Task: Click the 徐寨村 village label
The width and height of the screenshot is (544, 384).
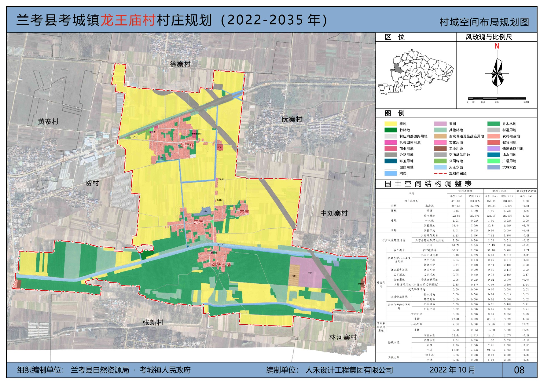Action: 180,64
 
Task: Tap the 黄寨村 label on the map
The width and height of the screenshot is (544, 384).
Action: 48,121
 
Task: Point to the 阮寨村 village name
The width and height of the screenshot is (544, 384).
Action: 292,120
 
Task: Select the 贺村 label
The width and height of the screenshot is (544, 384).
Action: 92,183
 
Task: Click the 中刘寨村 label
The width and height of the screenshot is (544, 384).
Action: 334,213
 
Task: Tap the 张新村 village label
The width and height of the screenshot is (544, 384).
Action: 153,323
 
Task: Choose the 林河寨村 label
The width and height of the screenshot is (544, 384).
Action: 343,338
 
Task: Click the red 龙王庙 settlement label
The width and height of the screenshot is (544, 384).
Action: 187,145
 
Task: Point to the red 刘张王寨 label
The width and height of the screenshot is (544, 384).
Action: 221,264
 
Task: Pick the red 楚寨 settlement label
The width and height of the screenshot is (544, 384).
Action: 198,222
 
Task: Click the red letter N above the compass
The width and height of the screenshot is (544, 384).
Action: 497,46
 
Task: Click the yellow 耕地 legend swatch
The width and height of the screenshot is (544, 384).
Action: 390,124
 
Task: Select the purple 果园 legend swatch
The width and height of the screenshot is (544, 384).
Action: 440,124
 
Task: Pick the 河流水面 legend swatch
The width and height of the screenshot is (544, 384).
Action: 440,167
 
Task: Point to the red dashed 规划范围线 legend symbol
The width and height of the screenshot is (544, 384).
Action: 440,173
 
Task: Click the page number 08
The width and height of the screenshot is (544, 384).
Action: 519,370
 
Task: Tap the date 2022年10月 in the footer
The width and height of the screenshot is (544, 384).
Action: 452,370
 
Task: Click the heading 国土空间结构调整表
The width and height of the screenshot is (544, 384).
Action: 428,184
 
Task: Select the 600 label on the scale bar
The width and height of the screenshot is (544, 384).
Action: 526,102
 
